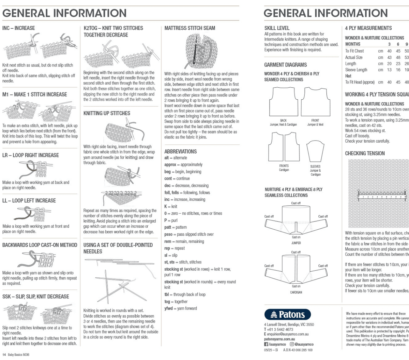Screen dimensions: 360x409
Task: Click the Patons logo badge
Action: pyautogui.click(x=287, y=314)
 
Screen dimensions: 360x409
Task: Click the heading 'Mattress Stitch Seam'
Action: pyautogui.click(x=190, y=28)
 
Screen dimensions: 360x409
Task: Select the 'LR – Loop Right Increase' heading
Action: pyautogui.click(x=30, y=155)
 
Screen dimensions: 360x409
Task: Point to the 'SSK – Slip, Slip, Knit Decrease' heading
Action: pyautogui.click(x=35, y=297)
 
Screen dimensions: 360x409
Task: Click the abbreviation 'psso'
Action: pyautogui.click(x=168, y=234)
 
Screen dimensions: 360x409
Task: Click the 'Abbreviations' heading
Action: pyautogui.click(x=180, y=151)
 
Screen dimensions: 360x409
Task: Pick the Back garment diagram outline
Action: pyautogui.click(x=283, y=102)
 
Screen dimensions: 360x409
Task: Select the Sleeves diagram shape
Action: pyautogui.click(x=315, y=151)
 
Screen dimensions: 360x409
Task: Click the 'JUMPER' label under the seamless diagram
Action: pyautogui.click(x=296, y=243)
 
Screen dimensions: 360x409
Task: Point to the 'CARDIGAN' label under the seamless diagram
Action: pyautogui.click(x=296, y=292)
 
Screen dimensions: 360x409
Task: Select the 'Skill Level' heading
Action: pyautogui.click(x=277, y=28)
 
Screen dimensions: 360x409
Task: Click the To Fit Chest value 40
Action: pyautogui.click(x=389, y=51)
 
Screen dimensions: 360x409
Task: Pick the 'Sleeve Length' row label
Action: pyautogui.click(x=356, y=70)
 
